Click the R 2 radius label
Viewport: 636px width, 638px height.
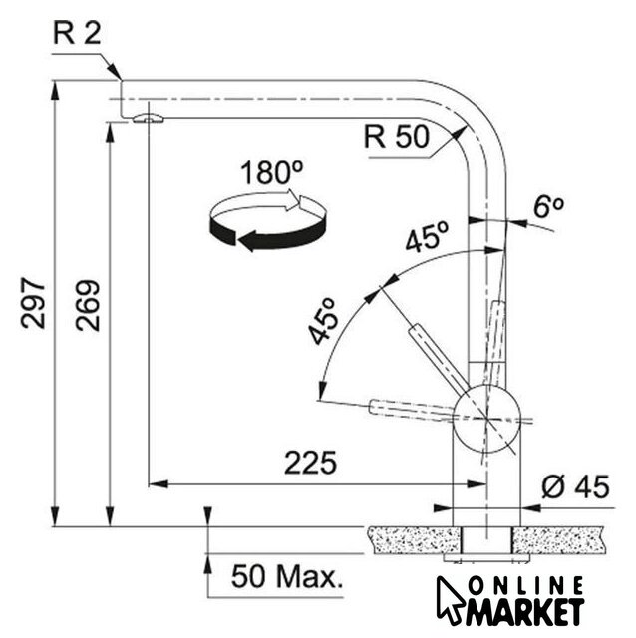point(77,33)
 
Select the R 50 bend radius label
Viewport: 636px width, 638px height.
point(397,137)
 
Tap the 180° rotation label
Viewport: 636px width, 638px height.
point(271,172)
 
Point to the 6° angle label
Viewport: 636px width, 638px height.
point(548,207)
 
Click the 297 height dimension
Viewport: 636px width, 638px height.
point(33,303)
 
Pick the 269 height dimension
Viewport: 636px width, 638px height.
point(87,305)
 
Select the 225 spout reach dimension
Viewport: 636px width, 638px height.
point(310,463)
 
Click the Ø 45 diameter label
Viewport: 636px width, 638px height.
point(575,486)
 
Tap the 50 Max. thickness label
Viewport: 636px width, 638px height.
point(287,576)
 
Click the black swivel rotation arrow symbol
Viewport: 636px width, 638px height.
point(267,221)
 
